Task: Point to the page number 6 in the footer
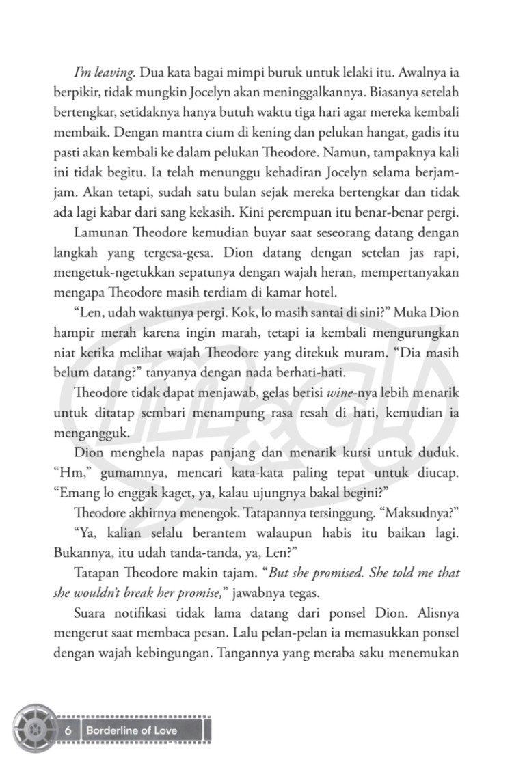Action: [68, 730]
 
